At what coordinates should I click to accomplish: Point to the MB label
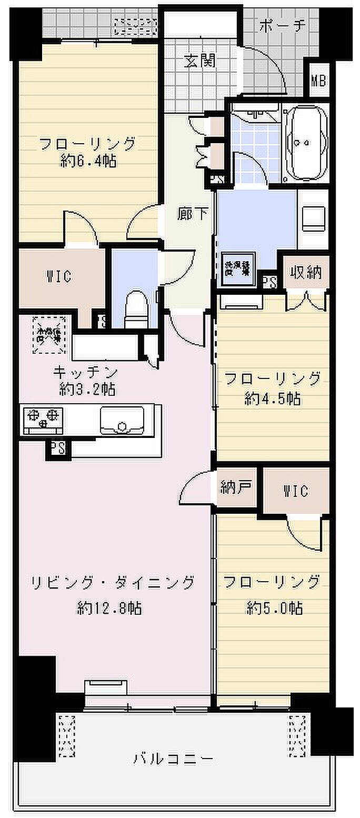point(318,81)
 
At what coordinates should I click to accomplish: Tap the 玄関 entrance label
point(200,61)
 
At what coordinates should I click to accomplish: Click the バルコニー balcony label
point(173,759)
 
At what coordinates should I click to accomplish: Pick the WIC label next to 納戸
point(296,491)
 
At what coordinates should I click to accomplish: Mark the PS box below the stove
point(58,448)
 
